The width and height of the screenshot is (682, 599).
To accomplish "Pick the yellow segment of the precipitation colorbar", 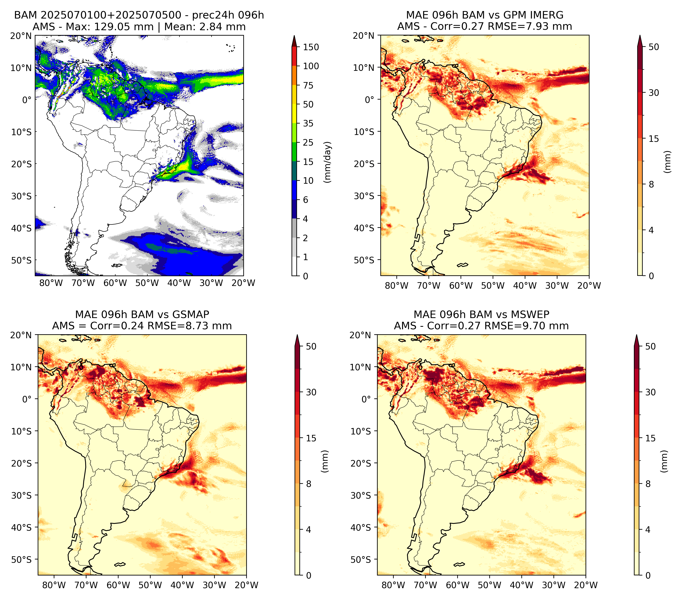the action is point(294,104).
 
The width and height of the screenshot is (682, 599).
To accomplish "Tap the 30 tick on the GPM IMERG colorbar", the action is point(654,93).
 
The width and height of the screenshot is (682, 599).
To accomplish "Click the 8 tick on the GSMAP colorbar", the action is point(309,484).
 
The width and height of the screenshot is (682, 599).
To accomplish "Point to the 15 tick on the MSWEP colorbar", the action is point(651,438).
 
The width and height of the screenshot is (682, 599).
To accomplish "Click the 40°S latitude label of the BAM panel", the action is point(21,228).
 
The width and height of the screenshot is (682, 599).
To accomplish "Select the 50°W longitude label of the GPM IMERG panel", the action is point(493,286).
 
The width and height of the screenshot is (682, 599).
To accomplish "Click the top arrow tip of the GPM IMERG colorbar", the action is point(640,35).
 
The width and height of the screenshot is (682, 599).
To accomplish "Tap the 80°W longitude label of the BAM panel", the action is point(51,283).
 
